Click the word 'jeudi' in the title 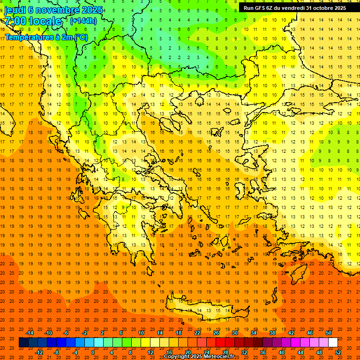pyautogui.click(x=15, y=9)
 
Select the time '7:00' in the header pyautogui.click(x=15, y=21)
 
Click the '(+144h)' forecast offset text pyautogui.click(x=83, y=21)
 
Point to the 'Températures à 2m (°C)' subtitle pyautogui.click(x=46, y=37)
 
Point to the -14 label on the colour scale pyautogui.click(x=30, y=333)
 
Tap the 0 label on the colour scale pyautogui.click(x=93, y=352)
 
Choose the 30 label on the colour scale pyautogui.click(x=235, y=333)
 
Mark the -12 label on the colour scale pyautogui.click(x=39, y=352)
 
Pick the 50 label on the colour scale pyautogui.click(x=329, y=333)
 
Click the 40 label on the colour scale pyautogui.click(x=282, y=352)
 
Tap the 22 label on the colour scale pyautogui.click(x=197, y=333)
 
